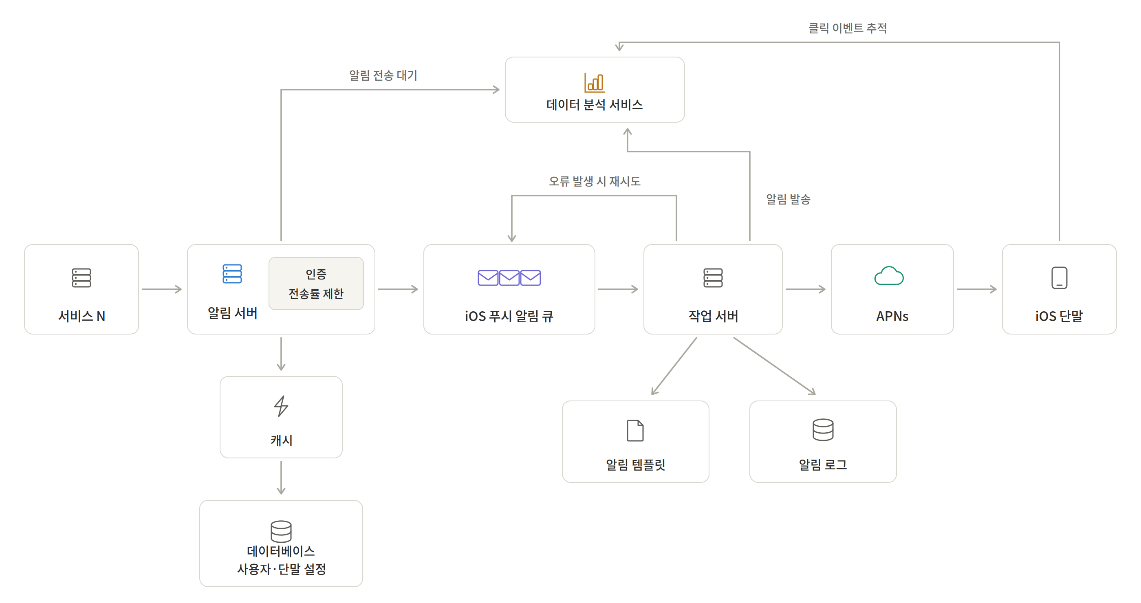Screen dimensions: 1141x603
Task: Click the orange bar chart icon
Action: click(x=595, y=83)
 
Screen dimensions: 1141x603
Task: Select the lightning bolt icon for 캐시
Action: click(x=281, y=406)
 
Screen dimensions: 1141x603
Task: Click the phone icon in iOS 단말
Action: click(x=1059, y=278)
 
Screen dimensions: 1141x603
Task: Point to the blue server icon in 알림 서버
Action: click(x=232, y=274)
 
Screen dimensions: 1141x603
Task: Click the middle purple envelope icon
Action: click(x=509, y=277)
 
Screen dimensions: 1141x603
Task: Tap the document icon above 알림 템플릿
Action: click(x=635, y=430)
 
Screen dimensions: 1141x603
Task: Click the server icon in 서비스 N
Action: click(x=81, y=277)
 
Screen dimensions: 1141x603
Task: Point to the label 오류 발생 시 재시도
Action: click(x=595, y=181)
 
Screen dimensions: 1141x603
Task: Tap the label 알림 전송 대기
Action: click(x=383, y=75)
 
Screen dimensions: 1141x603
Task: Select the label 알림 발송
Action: click(x=788, y=199)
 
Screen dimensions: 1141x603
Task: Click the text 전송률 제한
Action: click(x=316, y=293)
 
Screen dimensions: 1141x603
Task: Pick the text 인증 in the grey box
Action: click(x=316, y=274)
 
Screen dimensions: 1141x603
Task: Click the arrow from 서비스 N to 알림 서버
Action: click(x=162, y=289)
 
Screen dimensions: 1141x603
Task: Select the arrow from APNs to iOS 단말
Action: click(x=977, y=289)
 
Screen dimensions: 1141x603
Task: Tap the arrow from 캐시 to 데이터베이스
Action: click(x=281, y=478)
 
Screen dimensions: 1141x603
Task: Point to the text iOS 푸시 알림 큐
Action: click(x=509, y=316)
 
